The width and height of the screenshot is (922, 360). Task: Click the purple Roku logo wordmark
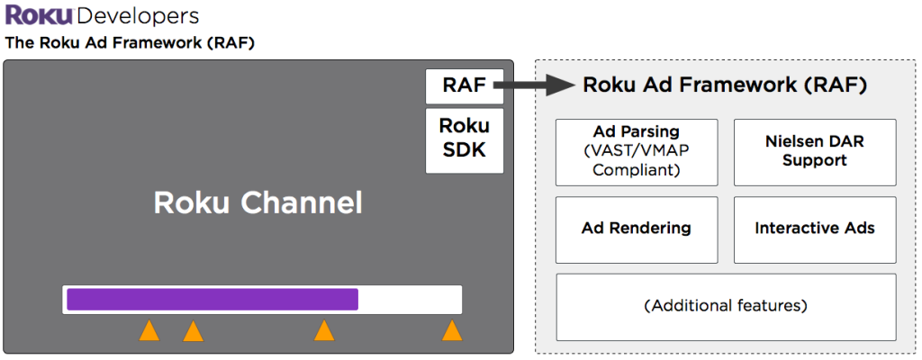tap(39, 15)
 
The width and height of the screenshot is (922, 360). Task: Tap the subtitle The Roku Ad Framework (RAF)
tap(131, 42)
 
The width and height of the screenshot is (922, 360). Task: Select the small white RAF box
tap(464, 85)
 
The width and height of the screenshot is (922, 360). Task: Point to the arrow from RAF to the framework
tap(536, 85)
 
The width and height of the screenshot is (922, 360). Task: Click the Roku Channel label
tap(258, 202)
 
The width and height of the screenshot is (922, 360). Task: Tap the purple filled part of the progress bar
tap(212, 300)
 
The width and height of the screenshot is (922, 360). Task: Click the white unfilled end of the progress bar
tap(410, 300)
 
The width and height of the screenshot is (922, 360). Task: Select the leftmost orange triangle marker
tap(149, 332)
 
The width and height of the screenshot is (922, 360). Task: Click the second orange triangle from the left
tap(193, 332)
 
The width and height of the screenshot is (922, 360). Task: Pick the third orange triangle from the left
tap(324, 332)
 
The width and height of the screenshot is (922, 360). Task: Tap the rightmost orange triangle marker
tap(452, 332)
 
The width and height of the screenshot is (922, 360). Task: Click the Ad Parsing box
tap(637, 151)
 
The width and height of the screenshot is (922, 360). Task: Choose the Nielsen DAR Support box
tap(815, 151)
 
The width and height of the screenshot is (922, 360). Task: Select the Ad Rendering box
tap(637, 229)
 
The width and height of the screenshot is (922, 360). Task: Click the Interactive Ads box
tap(815, 229)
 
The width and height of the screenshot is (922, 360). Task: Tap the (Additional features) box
tap(726, 306)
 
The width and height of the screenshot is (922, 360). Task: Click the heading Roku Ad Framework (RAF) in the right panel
tap(725, 85)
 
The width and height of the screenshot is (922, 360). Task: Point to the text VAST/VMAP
tap(637, 151)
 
